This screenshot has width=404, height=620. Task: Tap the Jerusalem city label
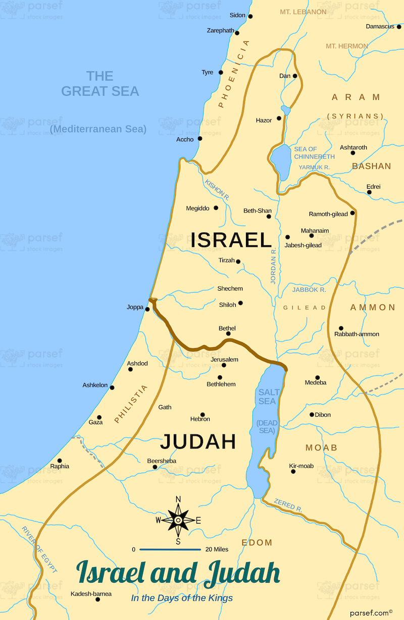coord(224,359)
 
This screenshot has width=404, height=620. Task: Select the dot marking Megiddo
coord(216,208)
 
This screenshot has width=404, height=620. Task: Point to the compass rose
coord(178,520)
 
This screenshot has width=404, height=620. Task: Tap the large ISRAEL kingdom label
coord(231,240)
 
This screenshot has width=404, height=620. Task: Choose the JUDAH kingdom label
coord(198,441)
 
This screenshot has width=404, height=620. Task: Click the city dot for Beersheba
coord(155,467)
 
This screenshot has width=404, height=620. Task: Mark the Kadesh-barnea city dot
coord(97,599)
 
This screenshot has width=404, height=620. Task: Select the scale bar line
coord(170,549)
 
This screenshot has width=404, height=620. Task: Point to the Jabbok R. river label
coord(309,290)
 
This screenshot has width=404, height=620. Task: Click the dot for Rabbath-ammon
coord(341,328)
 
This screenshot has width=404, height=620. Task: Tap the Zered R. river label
coord(288,505)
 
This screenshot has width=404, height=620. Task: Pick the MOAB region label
coord(321,448)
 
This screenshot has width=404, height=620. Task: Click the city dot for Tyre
coord(221,73)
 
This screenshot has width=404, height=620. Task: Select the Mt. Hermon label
coord(346,46)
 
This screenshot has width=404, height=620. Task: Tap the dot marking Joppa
coord(147,309)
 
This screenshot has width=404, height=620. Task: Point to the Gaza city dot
coord(99,418)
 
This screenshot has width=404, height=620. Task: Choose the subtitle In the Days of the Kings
coord(182,598)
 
